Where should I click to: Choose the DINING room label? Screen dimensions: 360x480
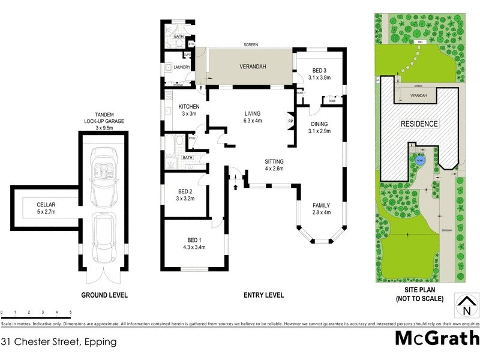(x=319, y=127)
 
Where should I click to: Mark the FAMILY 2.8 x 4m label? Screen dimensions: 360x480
(x=321, y=208)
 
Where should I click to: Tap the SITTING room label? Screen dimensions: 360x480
(x=275, y=165)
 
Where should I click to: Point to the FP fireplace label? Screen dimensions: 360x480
(x=290, y=122)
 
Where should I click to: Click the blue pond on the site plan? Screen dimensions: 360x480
(x=419, y=160)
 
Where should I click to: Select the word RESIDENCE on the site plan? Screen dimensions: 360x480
(x=419, y=124)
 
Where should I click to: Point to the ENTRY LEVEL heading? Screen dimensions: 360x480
(x=263, y=295)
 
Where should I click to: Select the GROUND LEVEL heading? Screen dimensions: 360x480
(x=104, y=295)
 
